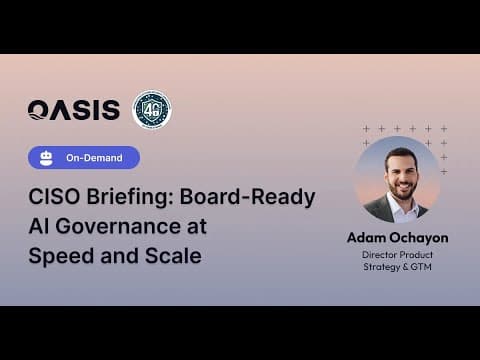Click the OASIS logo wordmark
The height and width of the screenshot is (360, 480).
(74, 110)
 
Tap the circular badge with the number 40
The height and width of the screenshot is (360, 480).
(152, 110)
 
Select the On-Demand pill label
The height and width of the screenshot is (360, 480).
(96, 158)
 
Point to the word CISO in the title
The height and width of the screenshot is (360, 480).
(54, 197)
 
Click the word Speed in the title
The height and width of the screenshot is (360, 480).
(61, 255)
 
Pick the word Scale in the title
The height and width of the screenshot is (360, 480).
(169, 255)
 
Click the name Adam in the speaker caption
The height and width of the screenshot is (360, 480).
(367, 238)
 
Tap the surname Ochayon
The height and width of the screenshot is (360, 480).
(421, 238)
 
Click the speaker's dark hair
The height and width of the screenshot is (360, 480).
(399, 151)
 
